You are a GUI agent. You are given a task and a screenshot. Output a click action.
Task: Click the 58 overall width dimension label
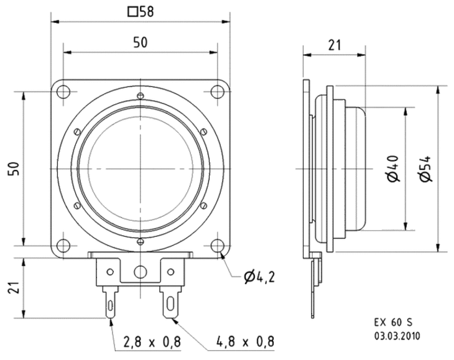tap(147, 11)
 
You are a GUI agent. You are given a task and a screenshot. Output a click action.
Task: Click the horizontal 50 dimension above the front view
tap(141, 42)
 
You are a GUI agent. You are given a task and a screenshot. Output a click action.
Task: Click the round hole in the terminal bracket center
tap(141, 271)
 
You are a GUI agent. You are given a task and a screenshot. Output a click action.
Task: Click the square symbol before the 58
tap(131, 11)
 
